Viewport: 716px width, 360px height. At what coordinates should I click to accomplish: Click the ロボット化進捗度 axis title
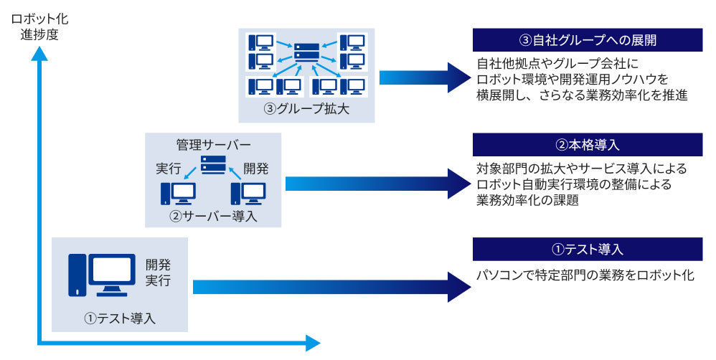tap(39, 27)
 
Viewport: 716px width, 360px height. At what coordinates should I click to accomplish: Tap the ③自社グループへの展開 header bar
tap(588, 40)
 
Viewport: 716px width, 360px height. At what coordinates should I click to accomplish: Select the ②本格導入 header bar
tap(588, 145)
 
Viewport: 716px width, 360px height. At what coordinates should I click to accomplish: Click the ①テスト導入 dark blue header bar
tap(588, 249)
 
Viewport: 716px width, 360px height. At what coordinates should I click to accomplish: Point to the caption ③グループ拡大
tap(306, 109)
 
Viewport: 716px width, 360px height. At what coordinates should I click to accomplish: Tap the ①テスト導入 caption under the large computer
tap(120, 318)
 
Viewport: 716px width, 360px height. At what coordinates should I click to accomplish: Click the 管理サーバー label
tap(213, 145)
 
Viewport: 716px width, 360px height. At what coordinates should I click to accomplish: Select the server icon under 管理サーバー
tap(213, 165)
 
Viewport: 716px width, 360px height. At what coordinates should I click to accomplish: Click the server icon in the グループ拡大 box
tap(306, 53)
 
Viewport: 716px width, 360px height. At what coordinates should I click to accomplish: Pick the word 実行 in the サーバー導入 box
tap(169, 169)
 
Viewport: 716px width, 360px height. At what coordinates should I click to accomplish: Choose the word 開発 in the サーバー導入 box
tap(255, 169)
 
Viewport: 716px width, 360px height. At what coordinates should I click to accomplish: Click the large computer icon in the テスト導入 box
tap(102, 275)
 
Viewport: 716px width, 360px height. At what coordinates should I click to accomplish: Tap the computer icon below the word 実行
tap(178, 194)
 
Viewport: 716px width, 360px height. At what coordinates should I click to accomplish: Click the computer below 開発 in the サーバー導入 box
tap(248, 194)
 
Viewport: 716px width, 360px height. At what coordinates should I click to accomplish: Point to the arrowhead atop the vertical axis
tap(39, 53)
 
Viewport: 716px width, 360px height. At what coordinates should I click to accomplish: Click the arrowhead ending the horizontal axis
tap(313, 343)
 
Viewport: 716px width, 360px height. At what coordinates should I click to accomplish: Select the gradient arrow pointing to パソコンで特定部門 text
tap(332, 287)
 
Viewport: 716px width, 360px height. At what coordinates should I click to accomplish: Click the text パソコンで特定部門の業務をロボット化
tap(585, 275)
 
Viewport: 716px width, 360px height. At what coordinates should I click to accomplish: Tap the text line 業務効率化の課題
tap(527, 200)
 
